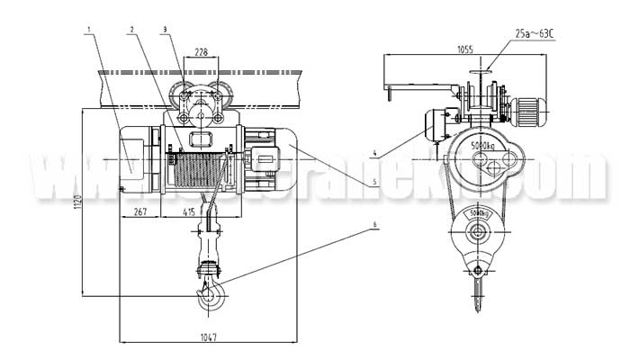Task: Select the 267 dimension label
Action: click(x=139, y=211)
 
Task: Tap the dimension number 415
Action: click(x=188, y=211)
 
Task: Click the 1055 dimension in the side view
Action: click(x=441, y=49)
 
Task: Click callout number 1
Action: click(x=88, y=30)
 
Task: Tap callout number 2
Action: click(x=131, y=30)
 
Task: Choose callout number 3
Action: click(x=165, y=30)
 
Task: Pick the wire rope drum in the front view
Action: click(x=197, y=171)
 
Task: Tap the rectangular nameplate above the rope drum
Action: click(x=199, y=137)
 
